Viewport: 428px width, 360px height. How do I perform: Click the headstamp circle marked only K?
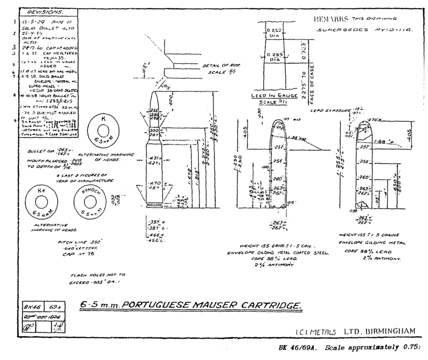(x=104, y=129)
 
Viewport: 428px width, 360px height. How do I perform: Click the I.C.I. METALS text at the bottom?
(x=316, y=333)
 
